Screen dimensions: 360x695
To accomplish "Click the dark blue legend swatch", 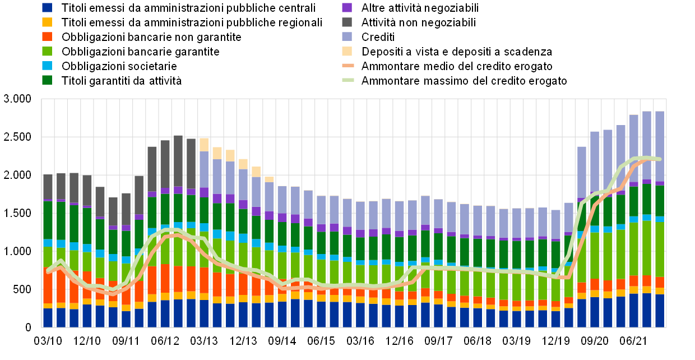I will [47, 7].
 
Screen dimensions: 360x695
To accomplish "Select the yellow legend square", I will [47, 22].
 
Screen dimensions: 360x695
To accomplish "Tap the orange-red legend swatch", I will [47, 36].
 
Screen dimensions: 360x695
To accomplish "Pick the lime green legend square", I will [47, 51].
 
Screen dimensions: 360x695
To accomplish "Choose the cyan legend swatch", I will [47, 66].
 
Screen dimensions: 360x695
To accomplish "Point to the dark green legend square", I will [47, 80].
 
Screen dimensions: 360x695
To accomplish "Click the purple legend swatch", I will [347, 7].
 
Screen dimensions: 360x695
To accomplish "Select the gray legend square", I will [347, 22].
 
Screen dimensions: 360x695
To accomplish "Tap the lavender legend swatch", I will [347, 36].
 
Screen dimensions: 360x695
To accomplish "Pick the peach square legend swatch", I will [347, 51].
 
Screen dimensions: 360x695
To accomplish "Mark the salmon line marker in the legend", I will [348, 66].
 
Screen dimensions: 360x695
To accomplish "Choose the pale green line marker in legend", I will [348, 80].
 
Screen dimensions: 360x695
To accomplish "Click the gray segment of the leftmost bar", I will [48, 187].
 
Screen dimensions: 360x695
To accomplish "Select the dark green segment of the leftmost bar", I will [48, 220].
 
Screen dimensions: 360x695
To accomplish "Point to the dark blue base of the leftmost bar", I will [48, 317].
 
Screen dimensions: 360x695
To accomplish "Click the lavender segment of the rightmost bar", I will [660, 146].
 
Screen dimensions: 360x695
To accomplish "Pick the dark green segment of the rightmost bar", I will [660, 201].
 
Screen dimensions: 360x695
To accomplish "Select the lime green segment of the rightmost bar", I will [660, 249].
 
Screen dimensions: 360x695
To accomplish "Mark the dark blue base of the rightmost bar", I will [660, 311].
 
